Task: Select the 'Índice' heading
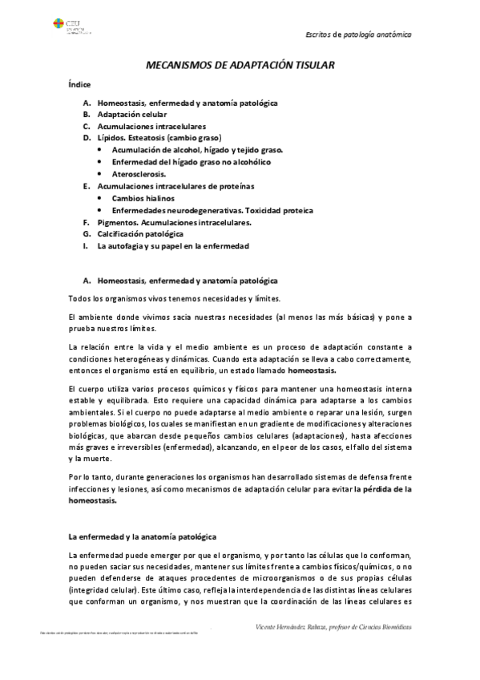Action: pyautogui.click(x=79, y=84)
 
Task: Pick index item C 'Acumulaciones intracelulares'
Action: pyautogui.click(x=151, y=126)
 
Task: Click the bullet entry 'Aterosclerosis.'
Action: pyautogui.click(x=139, y=173)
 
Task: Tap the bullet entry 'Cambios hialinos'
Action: pyautogui.click(x=143, y=197)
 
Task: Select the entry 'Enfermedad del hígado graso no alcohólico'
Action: pyautogui.click(x=191, y=162)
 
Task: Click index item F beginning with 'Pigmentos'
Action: pyautogui.click(x=174, y=221)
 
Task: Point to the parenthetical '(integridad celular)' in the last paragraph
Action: pyautogui.click(x=103, y=588)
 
